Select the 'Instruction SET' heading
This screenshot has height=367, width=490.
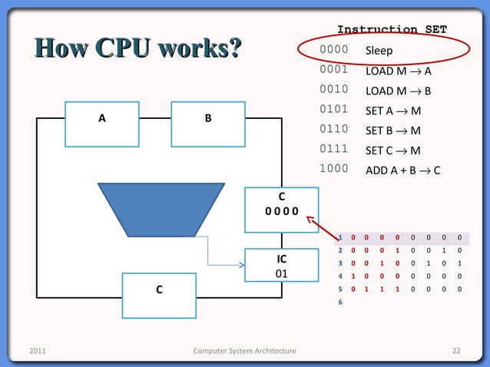point(392,30)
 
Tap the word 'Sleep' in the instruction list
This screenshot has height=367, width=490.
point(379,51)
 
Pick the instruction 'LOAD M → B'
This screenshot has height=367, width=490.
point(398,91)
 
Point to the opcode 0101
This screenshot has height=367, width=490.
point(334,111)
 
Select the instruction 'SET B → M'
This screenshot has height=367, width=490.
point(392,131)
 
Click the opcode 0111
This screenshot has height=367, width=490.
point(334,150)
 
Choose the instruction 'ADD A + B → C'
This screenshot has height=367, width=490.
point(402,170)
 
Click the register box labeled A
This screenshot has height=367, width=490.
point(102,123)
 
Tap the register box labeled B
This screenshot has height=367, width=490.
point(207,123)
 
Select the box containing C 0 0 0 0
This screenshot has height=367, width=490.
point(277,210)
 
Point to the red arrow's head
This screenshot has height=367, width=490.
point(309,218)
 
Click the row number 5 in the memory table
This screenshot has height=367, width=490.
point(340,289)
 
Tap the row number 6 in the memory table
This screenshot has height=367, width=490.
point(340,303)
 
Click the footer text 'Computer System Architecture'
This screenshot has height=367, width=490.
point(244,351)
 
